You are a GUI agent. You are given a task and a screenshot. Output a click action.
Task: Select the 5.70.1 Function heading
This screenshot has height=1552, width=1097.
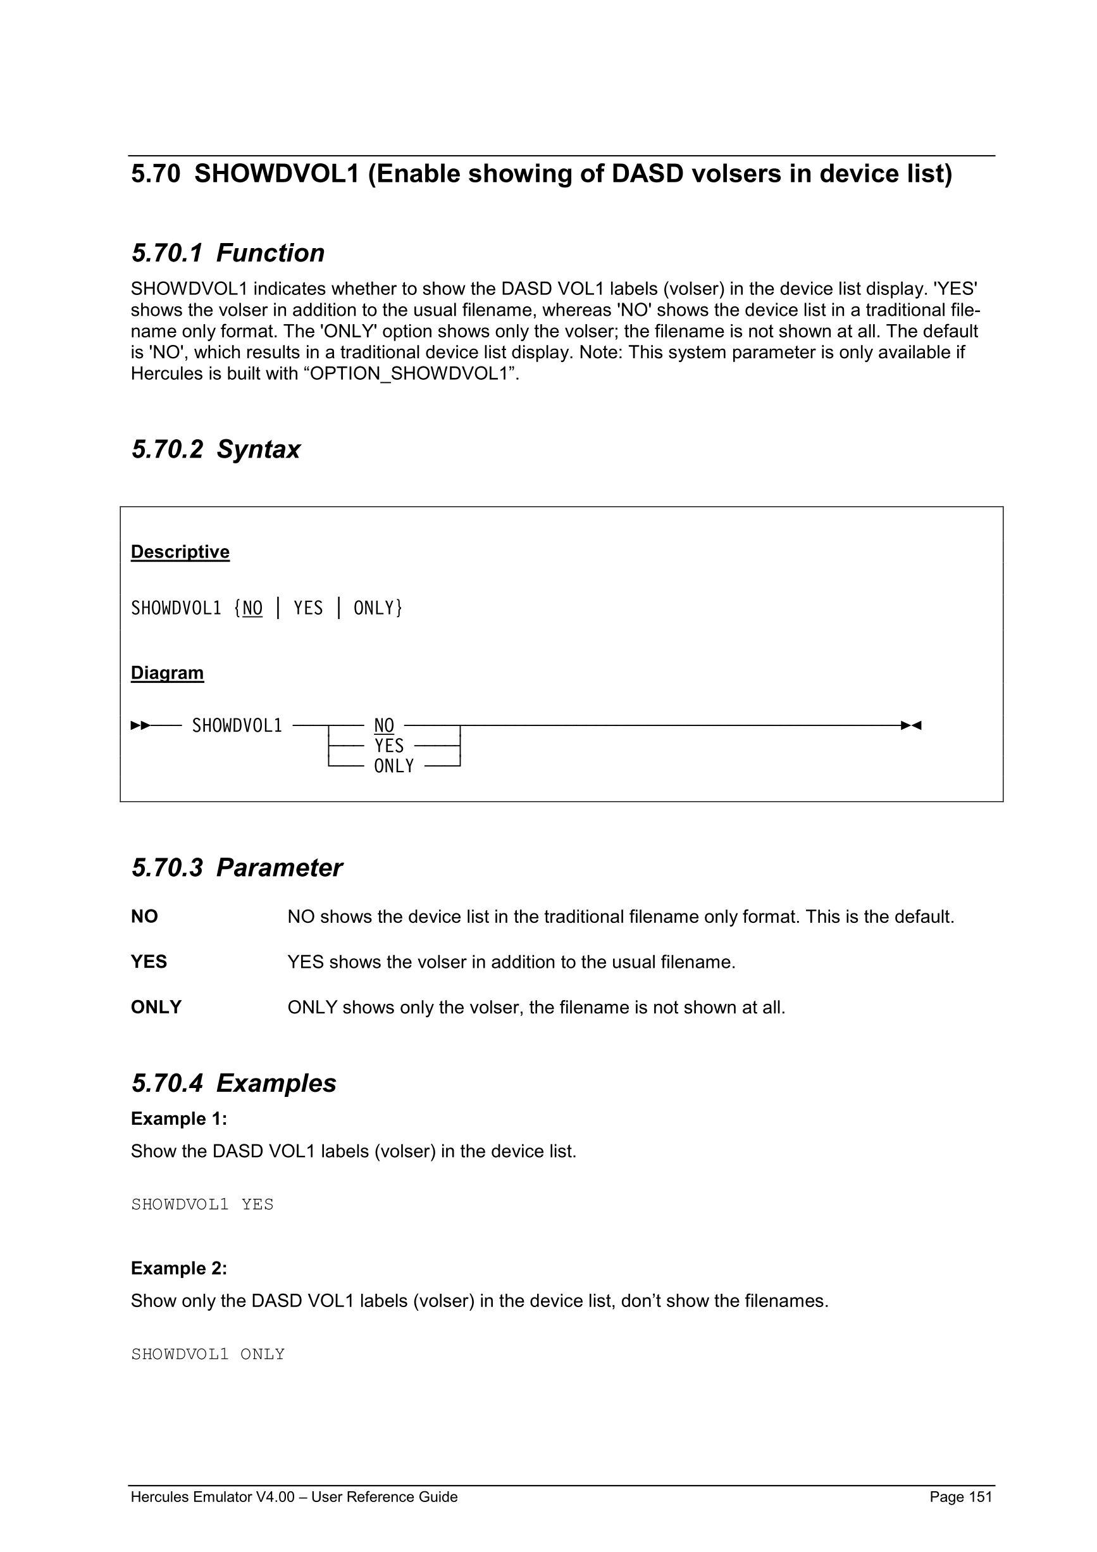(x=228, y=253)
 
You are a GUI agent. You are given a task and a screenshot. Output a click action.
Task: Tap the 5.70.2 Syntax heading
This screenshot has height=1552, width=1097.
(x=216, y=449)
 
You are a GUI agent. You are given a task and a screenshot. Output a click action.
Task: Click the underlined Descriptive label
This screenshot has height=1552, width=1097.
(x=180, y=553)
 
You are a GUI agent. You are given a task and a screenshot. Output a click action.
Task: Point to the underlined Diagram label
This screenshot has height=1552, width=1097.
(x=167, y=673)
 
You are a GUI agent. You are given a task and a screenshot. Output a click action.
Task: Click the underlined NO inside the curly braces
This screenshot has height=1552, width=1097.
(x=252, y=608)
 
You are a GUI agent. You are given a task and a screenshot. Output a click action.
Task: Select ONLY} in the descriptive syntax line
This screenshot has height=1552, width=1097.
(x=378, y=608)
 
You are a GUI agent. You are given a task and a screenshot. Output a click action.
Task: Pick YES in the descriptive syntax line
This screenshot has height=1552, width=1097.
(x=308, y=608)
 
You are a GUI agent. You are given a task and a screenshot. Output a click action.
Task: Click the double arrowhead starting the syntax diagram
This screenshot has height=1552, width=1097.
(x=140, y=726)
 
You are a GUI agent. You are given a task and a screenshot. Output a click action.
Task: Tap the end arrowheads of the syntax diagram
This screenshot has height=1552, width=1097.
(x=911, y=726)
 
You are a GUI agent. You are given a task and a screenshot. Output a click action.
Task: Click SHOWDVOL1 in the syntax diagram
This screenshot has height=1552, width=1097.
(x=237, y=726)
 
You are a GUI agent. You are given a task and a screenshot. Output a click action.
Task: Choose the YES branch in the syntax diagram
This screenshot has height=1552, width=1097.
(x=389, y=746)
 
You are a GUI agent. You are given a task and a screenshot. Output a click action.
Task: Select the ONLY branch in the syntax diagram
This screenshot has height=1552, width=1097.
(x=394, y=767)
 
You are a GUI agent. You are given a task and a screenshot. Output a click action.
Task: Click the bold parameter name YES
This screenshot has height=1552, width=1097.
(x=149, y=962)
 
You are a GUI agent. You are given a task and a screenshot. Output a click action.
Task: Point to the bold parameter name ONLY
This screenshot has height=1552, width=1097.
(x=156, y=1007)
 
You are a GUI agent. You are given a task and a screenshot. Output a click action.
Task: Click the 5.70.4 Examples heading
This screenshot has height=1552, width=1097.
(x=233, y=1084)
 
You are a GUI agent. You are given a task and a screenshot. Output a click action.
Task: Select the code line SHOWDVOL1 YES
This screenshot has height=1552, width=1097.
(x=202, y=1205)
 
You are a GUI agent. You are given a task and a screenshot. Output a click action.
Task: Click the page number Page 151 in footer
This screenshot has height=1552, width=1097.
(x=960, y=1497)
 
